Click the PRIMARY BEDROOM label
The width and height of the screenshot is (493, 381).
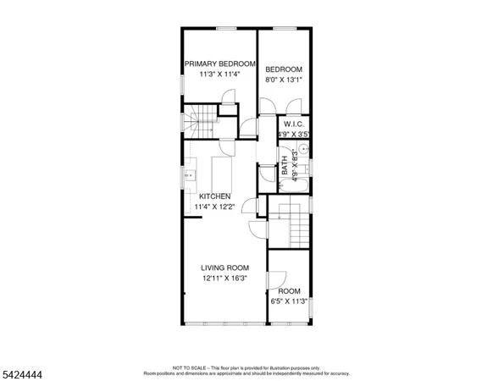click(220, 63)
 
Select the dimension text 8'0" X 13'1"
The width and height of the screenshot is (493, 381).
click(284, 80)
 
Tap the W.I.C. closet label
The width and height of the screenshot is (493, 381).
click(294, 124)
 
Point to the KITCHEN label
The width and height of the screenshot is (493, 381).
click(214, 196)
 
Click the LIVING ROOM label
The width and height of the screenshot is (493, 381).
click(224, 268)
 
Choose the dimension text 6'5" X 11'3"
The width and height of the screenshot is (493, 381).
click(289, 301)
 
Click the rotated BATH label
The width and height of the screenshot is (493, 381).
click(285, 170)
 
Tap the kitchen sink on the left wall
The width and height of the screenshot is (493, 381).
click(190, 176)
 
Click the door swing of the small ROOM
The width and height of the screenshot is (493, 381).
click(277, 280)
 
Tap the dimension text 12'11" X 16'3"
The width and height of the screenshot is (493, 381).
click(224, 278)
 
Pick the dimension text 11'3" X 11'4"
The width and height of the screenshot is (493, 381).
click(219, 74)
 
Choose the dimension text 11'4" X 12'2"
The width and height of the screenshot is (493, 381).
click(214, 207)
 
